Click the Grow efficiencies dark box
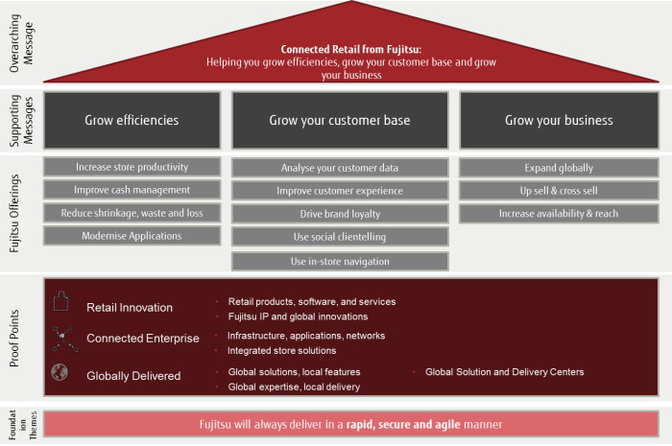pyautogui.click(x=132, y=121)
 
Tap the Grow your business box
pyautogui.click(x=558, y=121)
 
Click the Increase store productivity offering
pyautogui.click(x=132, y=167)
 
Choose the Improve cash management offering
pyautogui.click(x=132, y=190)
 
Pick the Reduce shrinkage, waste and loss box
pyautogui.click(x=132, y=213)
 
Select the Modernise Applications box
pyautogui.click(x=132, y=236)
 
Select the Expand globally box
pyautogui.click(x=558, y=168)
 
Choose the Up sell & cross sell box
pyautogui.click(x=558, y=191)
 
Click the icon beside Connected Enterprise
pyautogui.click(x=64, y=337)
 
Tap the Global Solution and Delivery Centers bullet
pyautogui.click(x=504, y=372)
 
